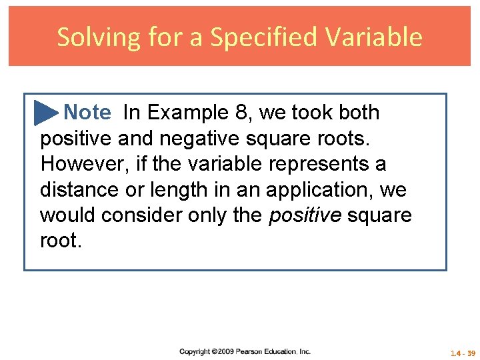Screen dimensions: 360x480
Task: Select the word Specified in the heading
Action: point(260,37)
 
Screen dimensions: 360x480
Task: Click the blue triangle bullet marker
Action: point(46,113)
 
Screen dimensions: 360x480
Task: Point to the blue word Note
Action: point(87,113)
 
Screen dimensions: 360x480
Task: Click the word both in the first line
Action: point(359,113)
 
